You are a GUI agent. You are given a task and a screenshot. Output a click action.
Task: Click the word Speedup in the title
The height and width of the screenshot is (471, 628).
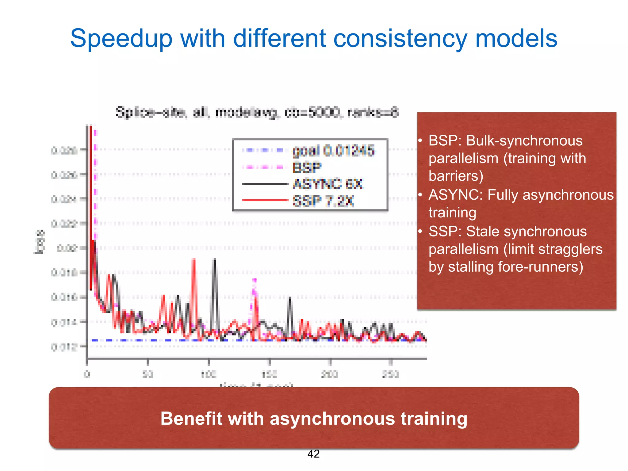coord(121,39)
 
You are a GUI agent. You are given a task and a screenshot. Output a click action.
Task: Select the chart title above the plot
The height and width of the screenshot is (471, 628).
coord(257,112)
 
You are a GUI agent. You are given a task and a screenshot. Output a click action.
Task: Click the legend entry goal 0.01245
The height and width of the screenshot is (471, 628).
coord(333,151)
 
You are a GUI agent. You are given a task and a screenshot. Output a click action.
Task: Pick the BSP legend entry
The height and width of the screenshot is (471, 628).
coord(307,167)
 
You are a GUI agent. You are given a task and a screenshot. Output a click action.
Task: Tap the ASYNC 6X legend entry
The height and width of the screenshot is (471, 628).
coord(327,184)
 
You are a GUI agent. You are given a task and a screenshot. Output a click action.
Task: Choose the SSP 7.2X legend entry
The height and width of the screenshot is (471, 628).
coord(323,201)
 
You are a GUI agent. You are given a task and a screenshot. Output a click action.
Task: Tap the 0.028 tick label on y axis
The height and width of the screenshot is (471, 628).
coord(64,151)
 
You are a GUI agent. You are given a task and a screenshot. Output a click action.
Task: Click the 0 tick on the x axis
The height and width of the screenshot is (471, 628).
coord(87,374)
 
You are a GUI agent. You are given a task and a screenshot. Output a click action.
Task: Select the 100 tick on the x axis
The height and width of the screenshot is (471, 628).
coord(209,374)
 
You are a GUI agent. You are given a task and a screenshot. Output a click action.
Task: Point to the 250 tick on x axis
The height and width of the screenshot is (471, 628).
coord(391,374)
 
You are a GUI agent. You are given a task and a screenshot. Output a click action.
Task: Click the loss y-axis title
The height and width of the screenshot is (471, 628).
coord(39,242)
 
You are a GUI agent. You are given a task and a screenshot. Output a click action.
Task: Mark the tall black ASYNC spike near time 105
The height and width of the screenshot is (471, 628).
coord(215,261)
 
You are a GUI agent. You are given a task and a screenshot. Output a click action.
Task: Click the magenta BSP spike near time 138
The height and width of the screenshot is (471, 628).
coord(254,281)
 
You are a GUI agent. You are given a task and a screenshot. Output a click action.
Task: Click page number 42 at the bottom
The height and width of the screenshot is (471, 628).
coord(313,454)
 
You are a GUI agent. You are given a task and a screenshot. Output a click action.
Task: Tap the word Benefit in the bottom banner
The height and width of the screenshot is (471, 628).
coord(190,419)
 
